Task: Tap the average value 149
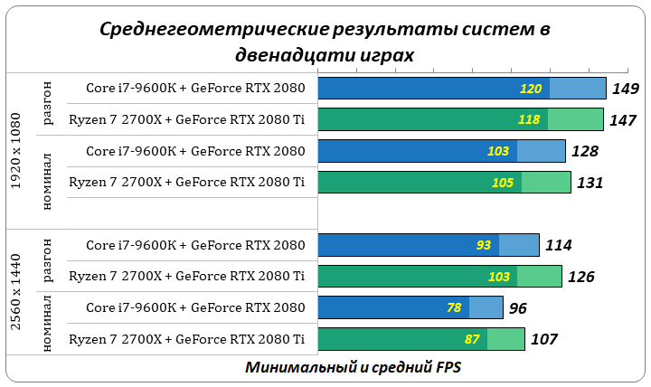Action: (x=625, y=89)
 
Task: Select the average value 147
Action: (x=623, y=119)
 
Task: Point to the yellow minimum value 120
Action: (x=531, y=89)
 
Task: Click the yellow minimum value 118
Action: (x=529, y=119)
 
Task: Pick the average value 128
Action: (x=585, y=151)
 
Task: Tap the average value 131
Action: (x=590, y=183)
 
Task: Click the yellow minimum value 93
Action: (x=483, y=245)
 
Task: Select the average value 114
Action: (x=558, y=245)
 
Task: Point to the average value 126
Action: (x=580, y=276)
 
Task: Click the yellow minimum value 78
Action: (x=454, y=307)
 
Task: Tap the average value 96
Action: (x=518, y=308)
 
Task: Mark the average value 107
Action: (x=543, y=339)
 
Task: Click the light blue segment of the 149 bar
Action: (x=577, y=88)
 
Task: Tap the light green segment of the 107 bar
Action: (x=506, y=339)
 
